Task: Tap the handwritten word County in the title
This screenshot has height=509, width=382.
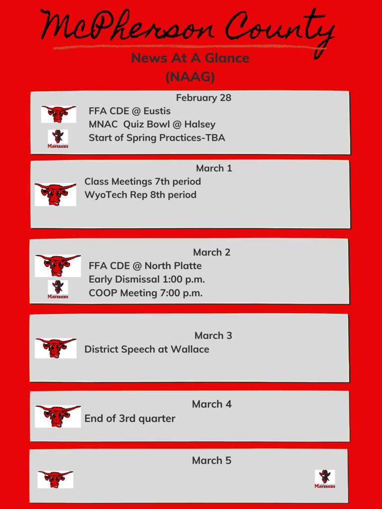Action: tap(280, 31)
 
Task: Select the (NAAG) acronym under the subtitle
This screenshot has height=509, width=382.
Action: tap(190, 77)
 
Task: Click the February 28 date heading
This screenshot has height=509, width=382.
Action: tap(203, 98)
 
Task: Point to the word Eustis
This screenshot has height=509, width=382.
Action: tap(157, 111)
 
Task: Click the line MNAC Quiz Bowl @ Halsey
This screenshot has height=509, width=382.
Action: tap(152, 124)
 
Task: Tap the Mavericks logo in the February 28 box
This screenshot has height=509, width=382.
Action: tap(58, 139)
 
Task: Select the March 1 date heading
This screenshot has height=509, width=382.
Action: tap(214, 168)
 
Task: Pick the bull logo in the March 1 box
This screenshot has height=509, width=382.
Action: tap(56, 194)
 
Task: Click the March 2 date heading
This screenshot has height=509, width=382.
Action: tap(212, 252)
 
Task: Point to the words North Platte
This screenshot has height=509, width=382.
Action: tap(173, 266)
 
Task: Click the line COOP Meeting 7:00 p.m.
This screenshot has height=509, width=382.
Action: tap(146, 293)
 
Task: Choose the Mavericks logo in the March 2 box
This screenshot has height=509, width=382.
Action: tap(58, 289)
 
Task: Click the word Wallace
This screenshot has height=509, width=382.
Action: tap(190, 349)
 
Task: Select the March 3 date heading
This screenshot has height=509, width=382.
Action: tap(213, 336)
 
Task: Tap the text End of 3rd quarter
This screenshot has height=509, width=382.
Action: tap(130, 419)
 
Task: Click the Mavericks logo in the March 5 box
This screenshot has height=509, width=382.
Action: tap(325, 479)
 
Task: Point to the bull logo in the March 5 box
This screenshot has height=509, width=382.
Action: tap(55, 480)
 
